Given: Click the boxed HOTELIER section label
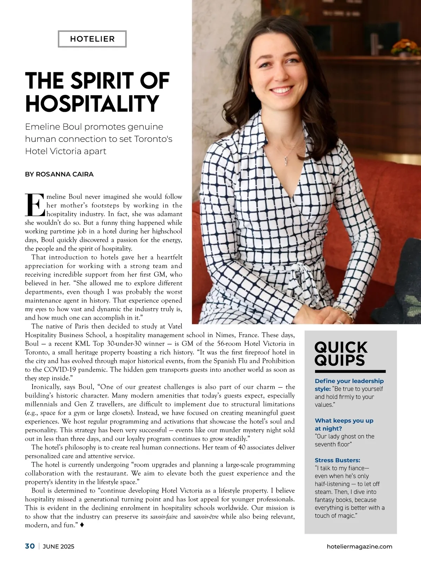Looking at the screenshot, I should [x=92, y=39].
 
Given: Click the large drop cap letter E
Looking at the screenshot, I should [x=35, y=205].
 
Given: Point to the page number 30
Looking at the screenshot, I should [x=30, y=546].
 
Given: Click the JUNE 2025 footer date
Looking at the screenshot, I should [x=59, y=546].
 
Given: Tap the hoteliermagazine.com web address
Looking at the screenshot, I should [x=359, y=546].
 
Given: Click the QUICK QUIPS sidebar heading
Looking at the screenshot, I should [x=341, y=354].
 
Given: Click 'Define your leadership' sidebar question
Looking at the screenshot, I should [x=349, y=381].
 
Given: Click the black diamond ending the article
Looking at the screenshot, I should [x=82, y=525].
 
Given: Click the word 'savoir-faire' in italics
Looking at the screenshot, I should [x=164, y=517].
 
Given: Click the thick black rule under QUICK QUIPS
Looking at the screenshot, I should [x=350, y=371].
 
